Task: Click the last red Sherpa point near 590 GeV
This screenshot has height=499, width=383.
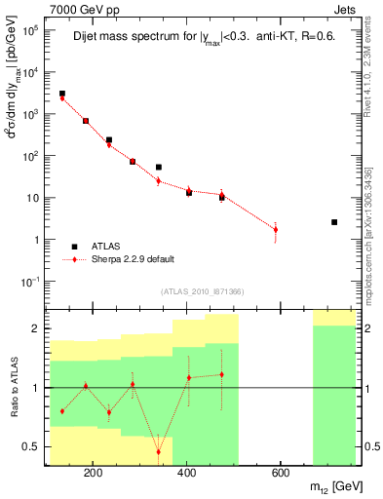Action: [x=276, y=230]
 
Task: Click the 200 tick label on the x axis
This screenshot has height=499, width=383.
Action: [x=93, y=474]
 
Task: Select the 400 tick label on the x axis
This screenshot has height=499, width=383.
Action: [x=186, y=474]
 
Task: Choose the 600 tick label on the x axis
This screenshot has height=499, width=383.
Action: [x=280, y=474]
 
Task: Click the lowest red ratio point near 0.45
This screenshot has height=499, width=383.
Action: [x=159, y=451]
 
